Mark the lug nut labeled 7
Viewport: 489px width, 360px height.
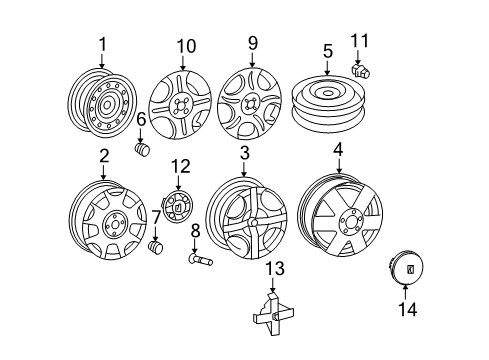(x=155, y=246)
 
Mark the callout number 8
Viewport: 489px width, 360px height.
(x=195, y=231)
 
